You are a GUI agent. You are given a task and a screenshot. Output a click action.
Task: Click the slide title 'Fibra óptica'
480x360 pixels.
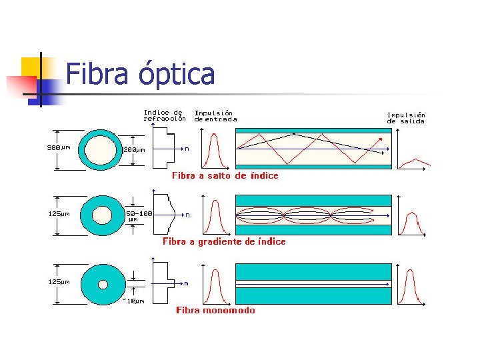141,74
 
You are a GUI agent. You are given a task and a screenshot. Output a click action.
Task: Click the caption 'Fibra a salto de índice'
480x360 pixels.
225,176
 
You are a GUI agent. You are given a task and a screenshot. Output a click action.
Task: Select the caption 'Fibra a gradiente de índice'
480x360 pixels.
224,241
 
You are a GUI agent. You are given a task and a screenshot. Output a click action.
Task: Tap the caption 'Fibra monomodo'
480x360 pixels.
215,310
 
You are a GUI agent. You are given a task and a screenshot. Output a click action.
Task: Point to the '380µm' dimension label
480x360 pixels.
59,147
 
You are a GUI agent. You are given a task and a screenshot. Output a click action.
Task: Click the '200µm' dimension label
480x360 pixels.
134,149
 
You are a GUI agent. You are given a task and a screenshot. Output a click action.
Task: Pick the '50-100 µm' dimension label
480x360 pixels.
139,216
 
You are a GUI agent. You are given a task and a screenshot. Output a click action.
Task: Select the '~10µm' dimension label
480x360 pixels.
133,301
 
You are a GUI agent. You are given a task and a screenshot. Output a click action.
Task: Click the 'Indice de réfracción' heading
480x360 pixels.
165,115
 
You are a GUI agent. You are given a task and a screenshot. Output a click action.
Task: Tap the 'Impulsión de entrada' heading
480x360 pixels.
215,116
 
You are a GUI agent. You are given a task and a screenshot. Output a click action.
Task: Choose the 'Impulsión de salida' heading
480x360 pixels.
406,118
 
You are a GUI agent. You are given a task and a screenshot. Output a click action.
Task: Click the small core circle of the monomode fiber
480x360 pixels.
103,284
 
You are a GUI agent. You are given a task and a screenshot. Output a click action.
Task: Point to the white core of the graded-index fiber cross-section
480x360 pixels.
102,215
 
